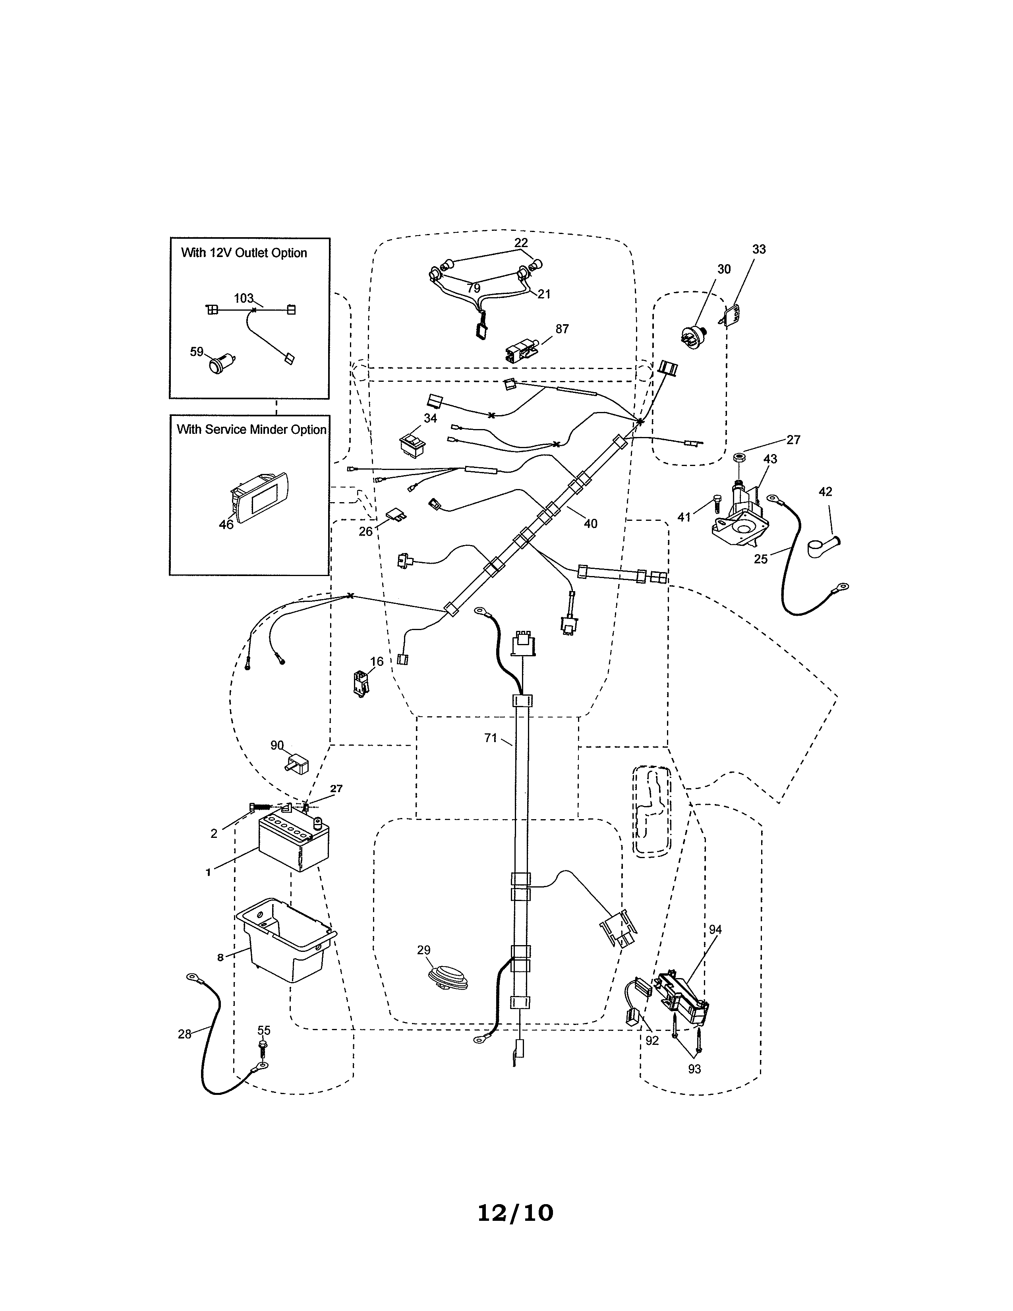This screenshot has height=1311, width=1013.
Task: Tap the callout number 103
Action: (x=243, y=298)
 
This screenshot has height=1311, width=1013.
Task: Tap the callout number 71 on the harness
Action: (x=490, y=738)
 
